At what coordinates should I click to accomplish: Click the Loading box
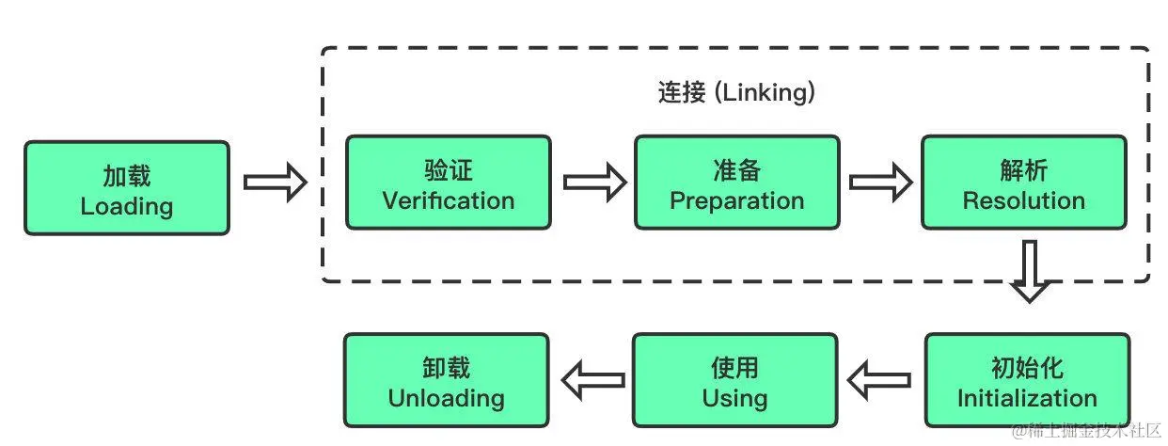[126, 188]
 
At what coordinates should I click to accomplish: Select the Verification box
[449, 183]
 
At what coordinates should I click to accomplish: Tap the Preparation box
[736, 183]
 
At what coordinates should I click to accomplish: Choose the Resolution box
[1023, 183]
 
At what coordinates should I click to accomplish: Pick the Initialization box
[1027, 380]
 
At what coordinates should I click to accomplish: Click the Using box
[734, 380]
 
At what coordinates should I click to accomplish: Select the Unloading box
[446, 380]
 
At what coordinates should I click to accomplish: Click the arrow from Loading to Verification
[276, 182]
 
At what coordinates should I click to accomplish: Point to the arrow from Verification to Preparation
[594, 182]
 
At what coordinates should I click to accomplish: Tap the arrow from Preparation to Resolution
[881, 182]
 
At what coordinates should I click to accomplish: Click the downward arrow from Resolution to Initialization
[1031, 271]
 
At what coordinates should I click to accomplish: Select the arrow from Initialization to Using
[879, 380]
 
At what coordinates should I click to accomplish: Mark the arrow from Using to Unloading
[592, 380]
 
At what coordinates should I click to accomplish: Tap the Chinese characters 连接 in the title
[681, 94]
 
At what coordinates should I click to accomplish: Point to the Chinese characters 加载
[126, 176]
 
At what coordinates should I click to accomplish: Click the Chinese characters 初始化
[1027, 367]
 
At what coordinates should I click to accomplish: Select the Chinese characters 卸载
[446, 367]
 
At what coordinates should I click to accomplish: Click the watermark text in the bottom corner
[1086, 430]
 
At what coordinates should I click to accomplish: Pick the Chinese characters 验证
[449, 170]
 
